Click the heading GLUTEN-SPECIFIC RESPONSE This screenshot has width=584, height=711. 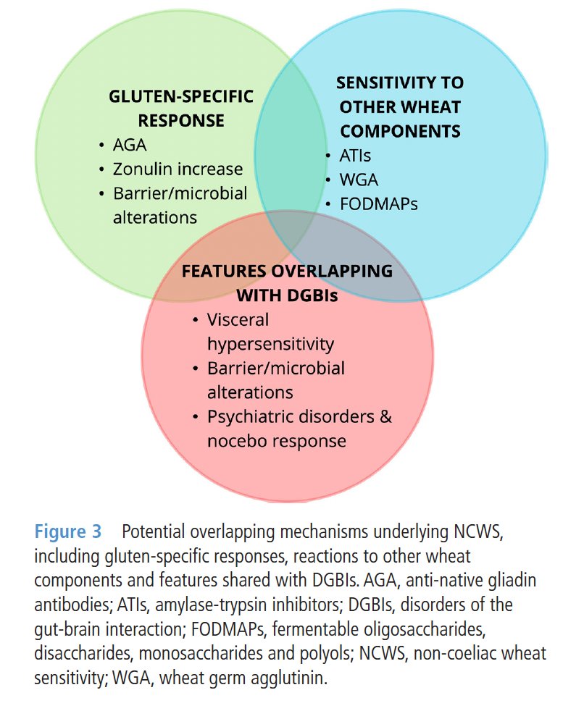pos(180,108)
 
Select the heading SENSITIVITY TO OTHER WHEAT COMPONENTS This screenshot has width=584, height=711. pos(400,107)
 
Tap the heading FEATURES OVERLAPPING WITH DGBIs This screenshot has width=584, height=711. pos(287,283)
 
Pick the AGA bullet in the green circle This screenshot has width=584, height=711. pos(130,145)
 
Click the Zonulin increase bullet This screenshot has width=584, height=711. pos(178,169)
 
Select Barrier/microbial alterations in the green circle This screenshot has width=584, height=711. pos(179,205)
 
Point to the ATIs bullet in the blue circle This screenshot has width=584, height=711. pos(355,155)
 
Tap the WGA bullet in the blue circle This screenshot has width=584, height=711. pos(359,179)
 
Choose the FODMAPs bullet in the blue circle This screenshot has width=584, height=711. pos(378,203)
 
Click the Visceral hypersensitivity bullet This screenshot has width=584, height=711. pos(270,332)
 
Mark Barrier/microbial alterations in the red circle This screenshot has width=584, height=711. pos(275,380)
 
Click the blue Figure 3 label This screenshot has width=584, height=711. pos(68,533)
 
